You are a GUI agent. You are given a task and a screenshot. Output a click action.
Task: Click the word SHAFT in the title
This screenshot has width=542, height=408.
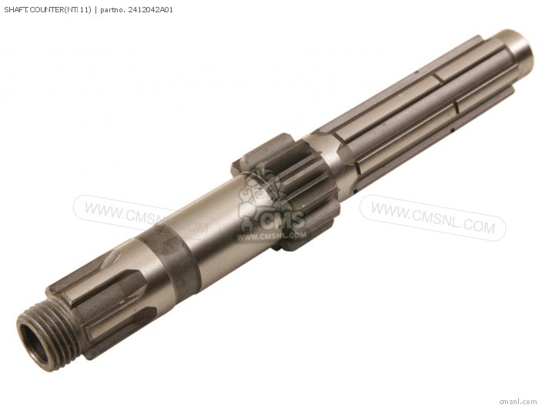16,10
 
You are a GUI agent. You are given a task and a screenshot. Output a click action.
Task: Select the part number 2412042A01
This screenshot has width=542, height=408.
150,10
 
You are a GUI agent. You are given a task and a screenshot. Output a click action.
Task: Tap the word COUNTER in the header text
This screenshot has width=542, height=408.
45,10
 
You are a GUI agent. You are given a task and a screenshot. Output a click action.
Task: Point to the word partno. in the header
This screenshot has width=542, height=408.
112,10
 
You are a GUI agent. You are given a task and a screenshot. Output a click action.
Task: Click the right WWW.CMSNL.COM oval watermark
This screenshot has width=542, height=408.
433,218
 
